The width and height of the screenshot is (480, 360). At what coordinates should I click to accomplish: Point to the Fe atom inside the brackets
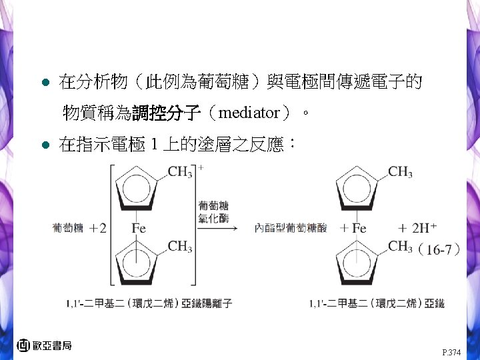139,228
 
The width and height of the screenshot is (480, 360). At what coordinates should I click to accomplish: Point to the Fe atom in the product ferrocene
359,228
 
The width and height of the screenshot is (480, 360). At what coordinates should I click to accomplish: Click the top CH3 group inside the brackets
180,173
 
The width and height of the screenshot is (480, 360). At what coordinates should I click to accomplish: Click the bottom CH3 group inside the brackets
180,247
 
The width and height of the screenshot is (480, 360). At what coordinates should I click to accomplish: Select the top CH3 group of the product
400,173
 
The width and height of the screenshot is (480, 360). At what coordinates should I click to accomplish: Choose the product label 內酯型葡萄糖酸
291,228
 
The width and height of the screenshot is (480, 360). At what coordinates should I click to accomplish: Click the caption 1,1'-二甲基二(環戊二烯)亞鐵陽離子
149,303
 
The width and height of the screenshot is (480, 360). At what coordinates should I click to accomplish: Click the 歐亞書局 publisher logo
44,345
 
